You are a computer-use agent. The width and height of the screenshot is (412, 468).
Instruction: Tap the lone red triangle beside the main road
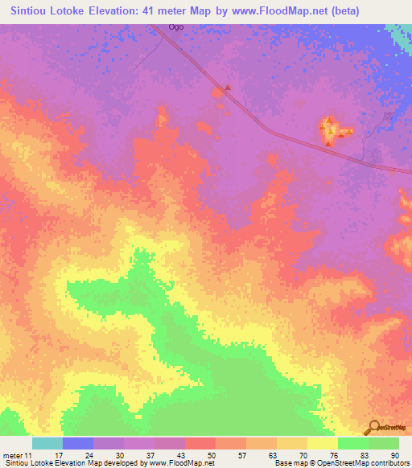click(x=228, y=88)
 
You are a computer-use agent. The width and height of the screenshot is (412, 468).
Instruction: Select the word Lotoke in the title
click(x=89, y=11)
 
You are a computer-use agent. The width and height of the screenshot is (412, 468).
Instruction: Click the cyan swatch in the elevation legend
click(x=47, y=443)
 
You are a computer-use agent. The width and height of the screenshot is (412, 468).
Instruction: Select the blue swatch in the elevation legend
click(x=78, y=443)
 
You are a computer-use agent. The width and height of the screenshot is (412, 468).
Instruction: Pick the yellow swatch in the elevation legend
click(x=323, y=443)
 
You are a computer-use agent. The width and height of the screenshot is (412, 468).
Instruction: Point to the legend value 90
click(x=394, y=455)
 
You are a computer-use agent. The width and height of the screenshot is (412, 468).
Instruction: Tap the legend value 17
click(x=57, y=455)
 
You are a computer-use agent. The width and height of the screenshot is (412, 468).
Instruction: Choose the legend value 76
click(x=333, y=455)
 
